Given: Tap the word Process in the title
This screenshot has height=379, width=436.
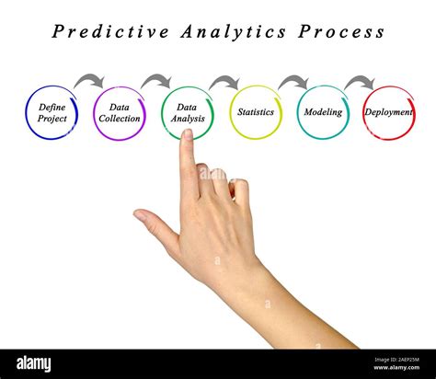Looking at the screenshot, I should pos(340,32).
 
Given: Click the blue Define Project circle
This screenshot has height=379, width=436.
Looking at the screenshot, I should pos(52,113).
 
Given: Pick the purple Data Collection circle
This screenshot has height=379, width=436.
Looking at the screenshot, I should pos(120,113).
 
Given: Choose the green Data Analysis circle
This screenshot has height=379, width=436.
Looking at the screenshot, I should pos(188,113).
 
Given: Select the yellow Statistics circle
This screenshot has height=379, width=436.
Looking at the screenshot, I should pos(256,112).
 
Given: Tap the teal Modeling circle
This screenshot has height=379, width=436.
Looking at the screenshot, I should pos(324,112).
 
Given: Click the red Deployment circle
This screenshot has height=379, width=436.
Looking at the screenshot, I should pos(389,112).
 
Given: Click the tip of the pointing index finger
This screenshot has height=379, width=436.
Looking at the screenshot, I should pos(188,135).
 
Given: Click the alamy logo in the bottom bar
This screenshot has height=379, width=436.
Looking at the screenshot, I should pos(35,362).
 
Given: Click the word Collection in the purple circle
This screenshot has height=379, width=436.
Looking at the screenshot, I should pos(120,119).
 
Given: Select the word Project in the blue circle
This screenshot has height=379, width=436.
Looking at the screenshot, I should pos(52,119).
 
